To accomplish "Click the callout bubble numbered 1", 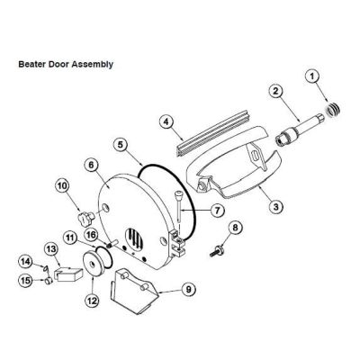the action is pos(312,76).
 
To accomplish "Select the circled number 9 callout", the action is pos(188,289).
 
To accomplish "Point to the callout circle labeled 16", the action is pos(91,234).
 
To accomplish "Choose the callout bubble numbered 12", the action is pos(92,301).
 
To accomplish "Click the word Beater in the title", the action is pos(30,64).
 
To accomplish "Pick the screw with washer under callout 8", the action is pos(217,251).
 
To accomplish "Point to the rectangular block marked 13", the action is pos(69,273).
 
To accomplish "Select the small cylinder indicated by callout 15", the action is pos(49,282).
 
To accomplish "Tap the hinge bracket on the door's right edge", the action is pos(178,244).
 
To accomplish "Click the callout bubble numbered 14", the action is pos(26,261).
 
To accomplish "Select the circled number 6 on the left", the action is pos(91,165).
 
